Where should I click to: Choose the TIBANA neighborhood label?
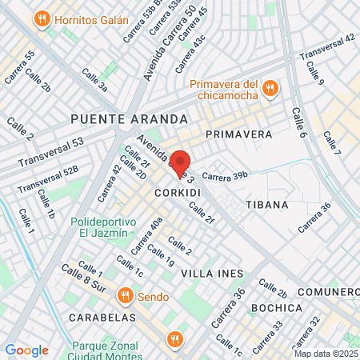(266, 205)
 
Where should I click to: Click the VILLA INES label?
(212, 274)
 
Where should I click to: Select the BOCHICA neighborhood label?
(276, 307)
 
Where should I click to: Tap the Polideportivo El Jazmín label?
(99, 226)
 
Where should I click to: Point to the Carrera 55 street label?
(19, 67)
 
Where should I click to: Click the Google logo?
(26, 350)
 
